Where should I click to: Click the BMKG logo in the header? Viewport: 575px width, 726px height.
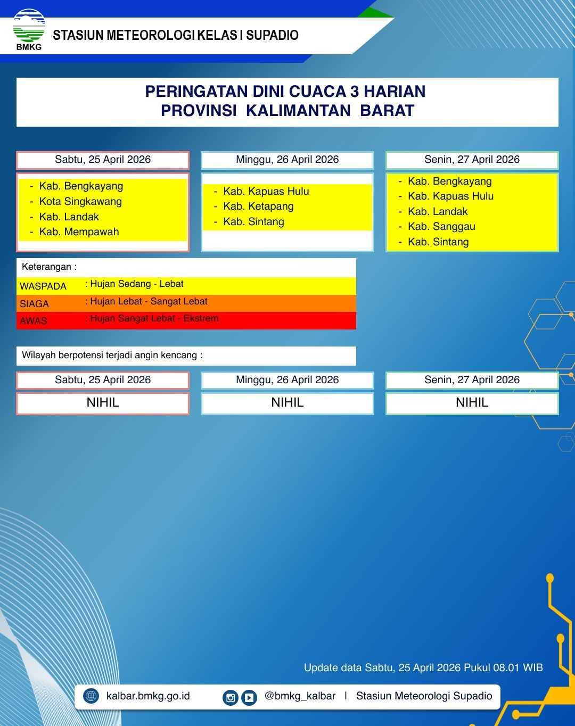29,30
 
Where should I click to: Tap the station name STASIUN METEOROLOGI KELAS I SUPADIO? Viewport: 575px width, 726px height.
176,36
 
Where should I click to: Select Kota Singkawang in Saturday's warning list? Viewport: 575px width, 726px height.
80,202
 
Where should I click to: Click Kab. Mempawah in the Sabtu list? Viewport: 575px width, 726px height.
79,232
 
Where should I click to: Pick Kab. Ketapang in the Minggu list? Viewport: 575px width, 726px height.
258,207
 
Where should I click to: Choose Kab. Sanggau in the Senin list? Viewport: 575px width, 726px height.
441,227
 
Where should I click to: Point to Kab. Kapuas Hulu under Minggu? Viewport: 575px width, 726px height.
266,192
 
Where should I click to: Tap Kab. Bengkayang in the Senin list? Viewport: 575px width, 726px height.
449,181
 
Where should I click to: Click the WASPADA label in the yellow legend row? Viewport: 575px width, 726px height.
43,286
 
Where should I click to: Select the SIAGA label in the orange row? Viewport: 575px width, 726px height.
34,304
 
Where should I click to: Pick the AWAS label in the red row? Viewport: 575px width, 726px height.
34,321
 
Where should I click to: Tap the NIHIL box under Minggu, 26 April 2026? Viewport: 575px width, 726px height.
287,403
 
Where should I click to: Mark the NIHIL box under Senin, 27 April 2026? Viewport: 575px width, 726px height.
472,403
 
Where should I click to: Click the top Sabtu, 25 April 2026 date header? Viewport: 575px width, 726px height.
103,160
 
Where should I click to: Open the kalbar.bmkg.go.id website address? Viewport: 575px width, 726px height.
148,696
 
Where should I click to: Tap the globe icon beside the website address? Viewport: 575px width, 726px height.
92,696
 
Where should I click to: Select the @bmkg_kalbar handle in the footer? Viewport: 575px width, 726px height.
300,696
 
